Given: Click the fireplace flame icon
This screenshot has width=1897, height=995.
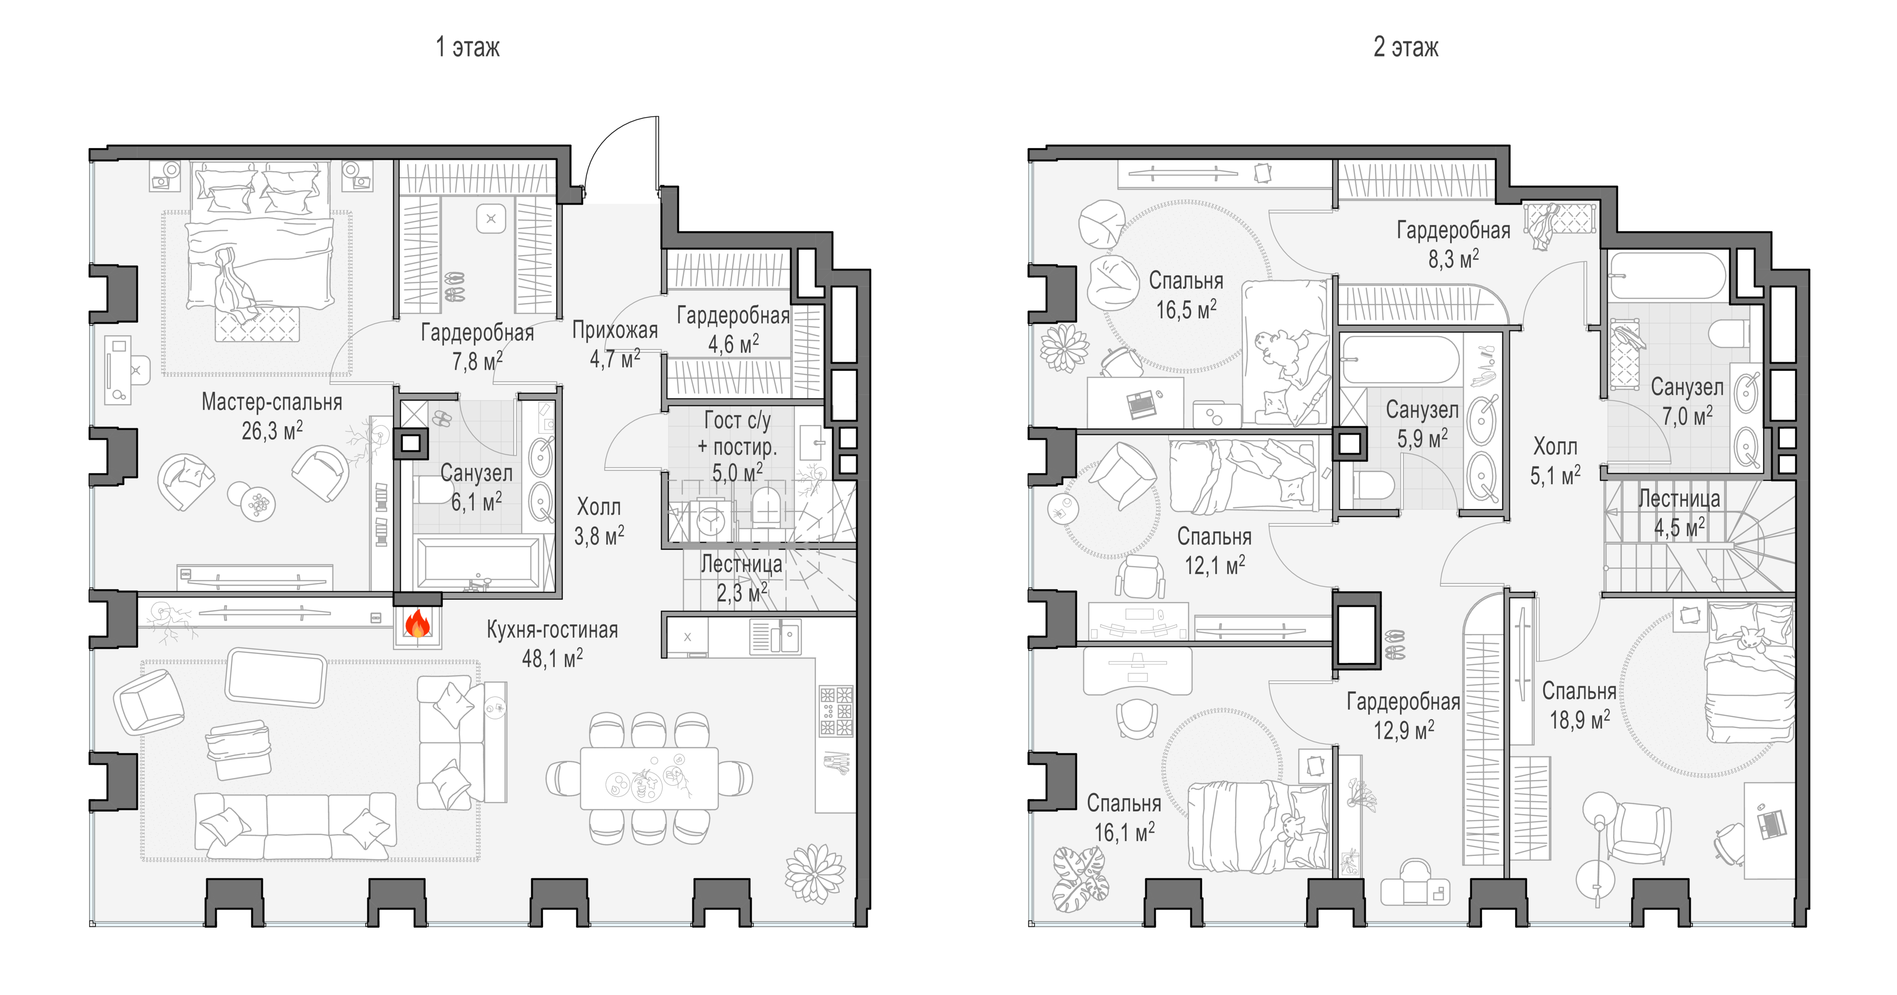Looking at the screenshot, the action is pos(417,623).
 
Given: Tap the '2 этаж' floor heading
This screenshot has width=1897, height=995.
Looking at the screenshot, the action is pos(1405,47).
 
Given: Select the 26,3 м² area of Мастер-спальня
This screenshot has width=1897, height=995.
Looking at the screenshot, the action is pos(272,431).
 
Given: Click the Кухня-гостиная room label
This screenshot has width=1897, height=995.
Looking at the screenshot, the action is pos(553,630).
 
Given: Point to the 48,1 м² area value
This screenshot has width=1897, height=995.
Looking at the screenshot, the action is pos(553,658).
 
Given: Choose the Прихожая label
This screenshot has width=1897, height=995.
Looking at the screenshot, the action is pos(615,331).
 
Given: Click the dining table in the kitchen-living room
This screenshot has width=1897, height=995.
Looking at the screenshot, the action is pos(649,778).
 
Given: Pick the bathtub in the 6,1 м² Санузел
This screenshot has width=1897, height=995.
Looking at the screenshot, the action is pos(479,563).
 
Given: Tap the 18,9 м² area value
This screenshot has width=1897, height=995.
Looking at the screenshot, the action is pos(1580,719).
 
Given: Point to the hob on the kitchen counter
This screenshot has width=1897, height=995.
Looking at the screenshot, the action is pos(836,711).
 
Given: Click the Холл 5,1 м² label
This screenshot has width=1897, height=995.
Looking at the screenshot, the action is pos(1556,461).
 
